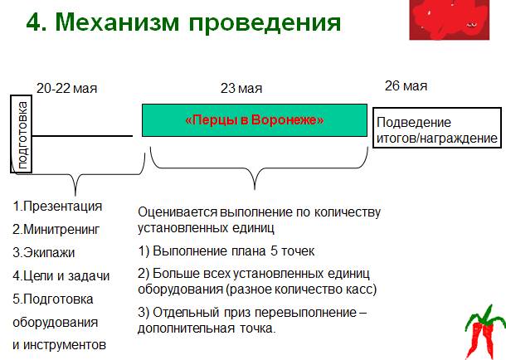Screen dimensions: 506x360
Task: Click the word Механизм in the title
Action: tap(117, 22)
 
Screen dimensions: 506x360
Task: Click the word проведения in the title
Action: tap(265, 23)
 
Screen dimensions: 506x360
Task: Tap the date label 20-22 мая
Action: tap(67, 89)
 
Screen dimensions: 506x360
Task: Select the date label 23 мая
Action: tap(241, 89)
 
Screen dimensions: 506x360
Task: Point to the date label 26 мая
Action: tap(406, 85)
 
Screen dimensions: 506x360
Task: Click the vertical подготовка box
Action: tap(22, 134)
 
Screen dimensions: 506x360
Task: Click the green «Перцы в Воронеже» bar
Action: tap(255, 120)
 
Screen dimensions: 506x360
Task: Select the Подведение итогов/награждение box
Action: tap(437, 128)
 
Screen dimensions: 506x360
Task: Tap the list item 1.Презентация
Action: tap(57, 206)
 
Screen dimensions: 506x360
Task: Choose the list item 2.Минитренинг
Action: tap(56, 229)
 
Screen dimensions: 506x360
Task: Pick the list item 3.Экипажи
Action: tap(44, 252)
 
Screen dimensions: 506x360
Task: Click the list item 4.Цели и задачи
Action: tap(61, 275)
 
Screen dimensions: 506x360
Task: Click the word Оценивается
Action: tap(178, 212)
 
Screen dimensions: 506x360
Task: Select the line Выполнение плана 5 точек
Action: tap(234, 251)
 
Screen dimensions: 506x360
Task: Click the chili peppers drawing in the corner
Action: tap(484, 333)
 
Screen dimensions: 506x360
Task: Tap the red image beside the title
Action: tap(450, 20)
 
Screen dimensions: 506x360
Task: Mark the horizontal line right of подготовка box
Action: tap(82, 136)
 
